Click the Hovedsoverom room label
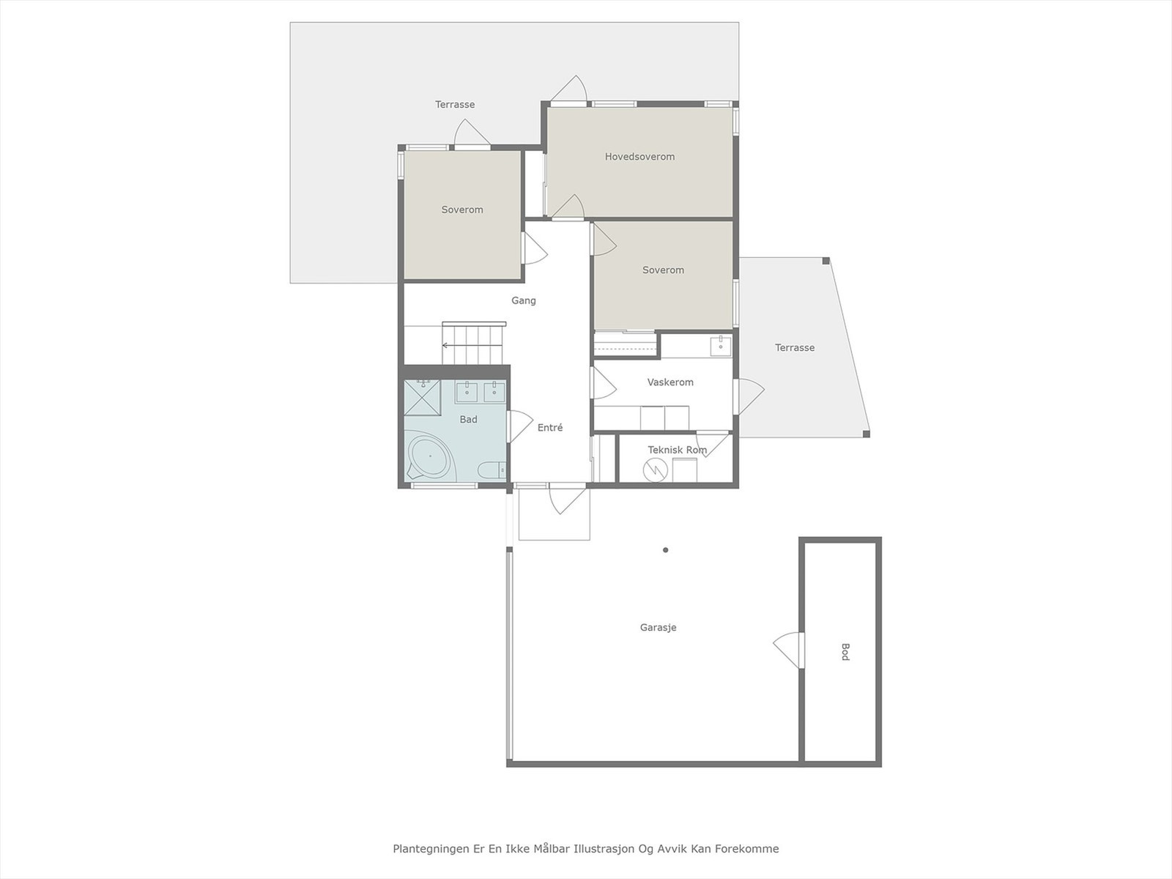coord(639,157)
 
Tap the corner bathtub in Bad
coord(430,457)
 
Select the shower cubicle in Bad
coord(423,397)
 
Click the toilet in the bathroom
coord(490,469)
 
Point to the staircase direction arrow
coord(446,345)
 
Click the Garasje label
coord(658,628)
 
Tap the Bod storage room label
coord(845,652)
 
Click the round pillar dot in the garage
coord(665,550)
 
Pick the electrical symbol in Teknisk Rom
coord(653,470)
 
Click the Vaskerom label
coord(670,382)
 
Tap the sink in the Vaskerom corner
coord(721,346)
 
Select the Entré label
coord(550,428)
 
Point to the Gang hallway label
coord(523,300)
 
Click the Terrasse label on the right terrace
coord(795,348)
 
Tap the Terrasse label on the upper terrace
coord(455,105)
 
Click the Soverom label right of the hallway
coord(663,270)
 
